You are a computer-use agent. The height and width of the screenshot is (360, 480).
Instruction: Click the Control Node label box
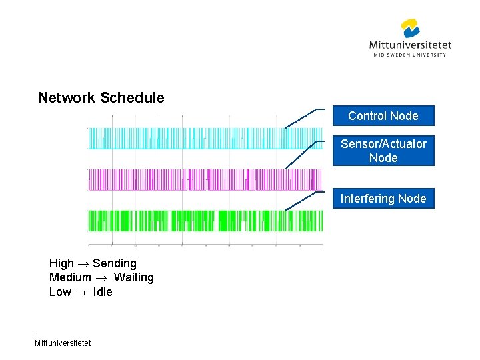[383, 116]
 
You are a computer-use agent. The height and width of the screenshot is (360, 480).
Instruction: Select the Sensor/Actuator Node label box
[383, 151]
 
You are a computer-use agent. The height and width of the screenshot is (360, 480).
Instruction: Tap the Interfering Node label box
[383, 199]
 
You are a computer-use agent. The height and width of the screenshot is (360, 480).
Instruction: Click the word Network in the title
[67, 98]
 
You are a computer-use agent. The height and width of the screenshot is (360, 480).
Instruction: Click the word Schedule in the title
[132, 98]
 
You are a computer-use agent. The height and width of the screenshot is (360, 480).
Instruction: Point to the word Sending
[115, 263]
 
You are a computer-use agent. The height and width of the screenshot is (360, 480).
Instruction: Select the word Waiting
[133, 277]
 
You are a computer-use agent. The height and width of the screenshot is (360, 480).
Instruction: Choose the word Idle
[103, 292]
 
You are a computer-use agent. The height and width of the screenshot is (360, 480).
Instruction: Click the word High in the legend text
[61, 263]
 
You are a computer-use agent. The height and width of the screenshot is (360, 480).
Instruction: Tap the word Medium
[70, 277]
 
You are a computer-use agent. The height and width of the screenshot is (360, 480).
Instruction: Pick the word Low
[60, 292]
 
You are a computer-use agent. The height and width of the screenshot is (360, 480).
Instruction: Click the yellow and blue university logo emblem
[410, 29]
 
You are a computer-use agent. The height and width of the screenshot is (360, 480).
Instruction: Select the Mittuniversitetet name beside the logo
[410, 45]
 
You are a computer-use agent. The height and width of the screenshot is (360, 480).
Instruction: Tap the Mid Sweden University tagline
[410, 55]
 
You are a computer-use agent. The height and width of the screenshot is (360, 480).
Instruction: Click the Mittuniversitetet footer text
[63, 343]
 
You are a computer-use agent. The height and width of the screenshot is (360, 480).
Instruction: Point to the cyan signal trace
[200, 139]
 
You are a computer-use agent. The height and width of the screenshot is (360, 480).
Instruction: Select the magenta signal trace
[200, 179]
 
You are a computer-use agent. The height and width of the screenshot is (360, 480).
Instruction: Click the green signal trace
[200, 221]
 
